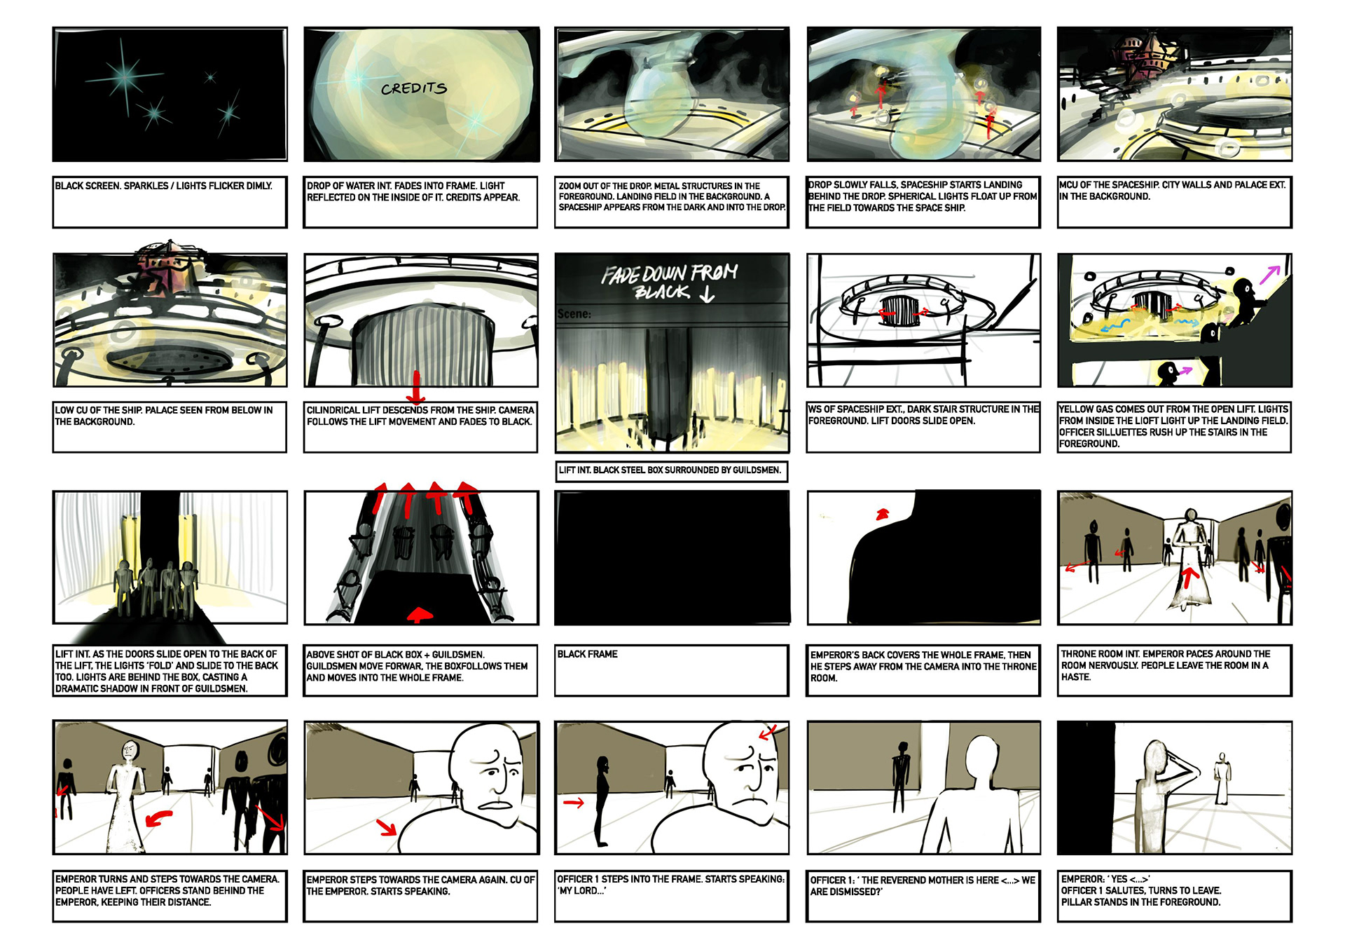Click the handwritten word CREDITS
click(x=414, y=88)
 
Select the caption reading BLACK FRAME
click(x=587, y=654)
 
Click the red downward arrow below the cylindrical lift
click(x=416, y=387)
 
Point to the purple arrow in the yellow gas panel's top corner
click(x=1270, y=274)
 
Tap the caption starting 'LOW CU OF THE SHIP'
click(x=164, y=416)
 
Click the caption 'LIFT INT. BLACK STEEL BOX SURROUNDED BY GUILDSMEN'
click(x=670, y=470)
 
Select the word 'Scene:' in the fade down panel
click(x=574, y=314)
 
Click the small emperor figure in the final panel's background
click(x=1222, y=778)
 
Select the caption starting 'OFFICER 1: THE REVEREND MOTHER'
click(x=923, y=885)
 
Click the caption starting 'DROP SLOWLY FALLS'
click(x=923, y=196)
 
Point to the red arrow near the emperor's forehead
click(x=768, y=732)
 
